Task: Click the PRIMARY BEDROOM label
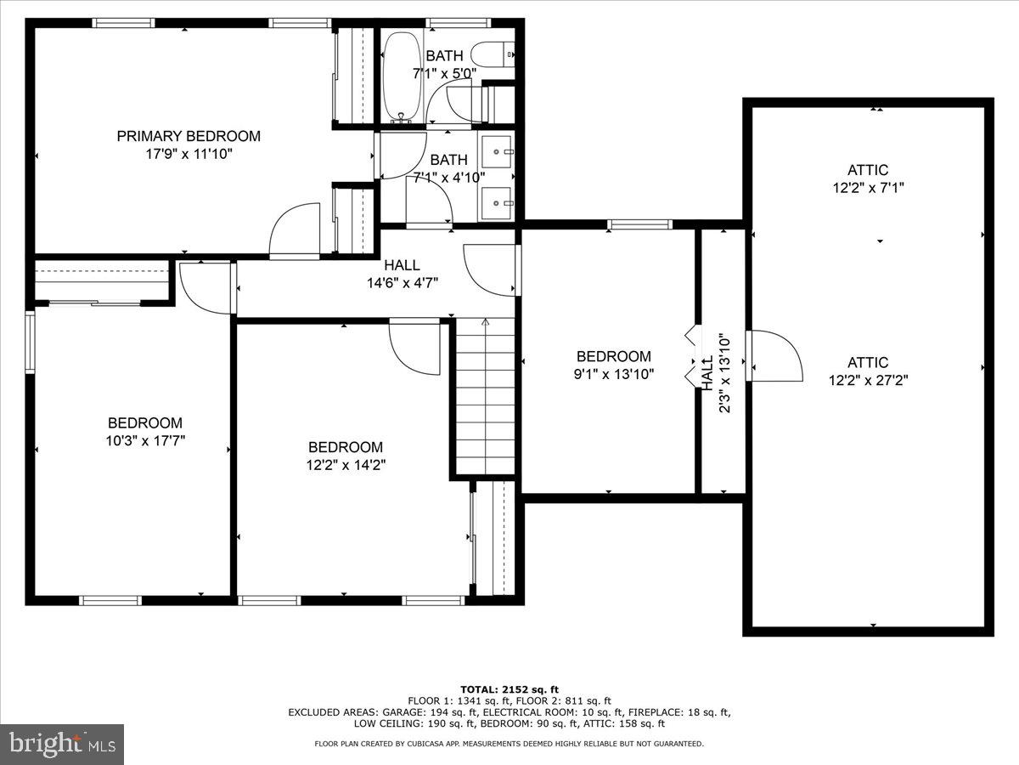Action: click(x=189, y=136)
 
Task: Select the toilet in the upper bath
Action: click(x=493, y=54)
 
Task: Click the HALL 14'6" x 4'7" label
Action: click(x=403, y=275)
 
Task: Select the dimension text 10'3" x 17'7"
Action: click(x=144, y=440)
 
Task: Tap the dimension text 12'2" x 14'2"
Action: click(x=345, y=465)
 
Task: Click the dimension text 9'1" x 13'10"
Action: click(x=614, y=374)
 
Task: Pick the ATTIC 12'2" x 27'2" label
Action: click(x=868, y=371)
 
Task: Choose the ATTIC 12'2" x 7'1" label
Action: click(x=868, y=179)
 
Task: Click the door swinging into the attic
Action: click(x=774, y=356)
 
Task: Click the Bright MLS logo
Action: click(x=62, y=745)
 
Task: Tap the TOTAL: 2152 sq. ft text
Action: click(x=509, y=689)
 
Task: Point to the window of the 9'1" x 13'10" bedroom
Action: click(x=640, y=224)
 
